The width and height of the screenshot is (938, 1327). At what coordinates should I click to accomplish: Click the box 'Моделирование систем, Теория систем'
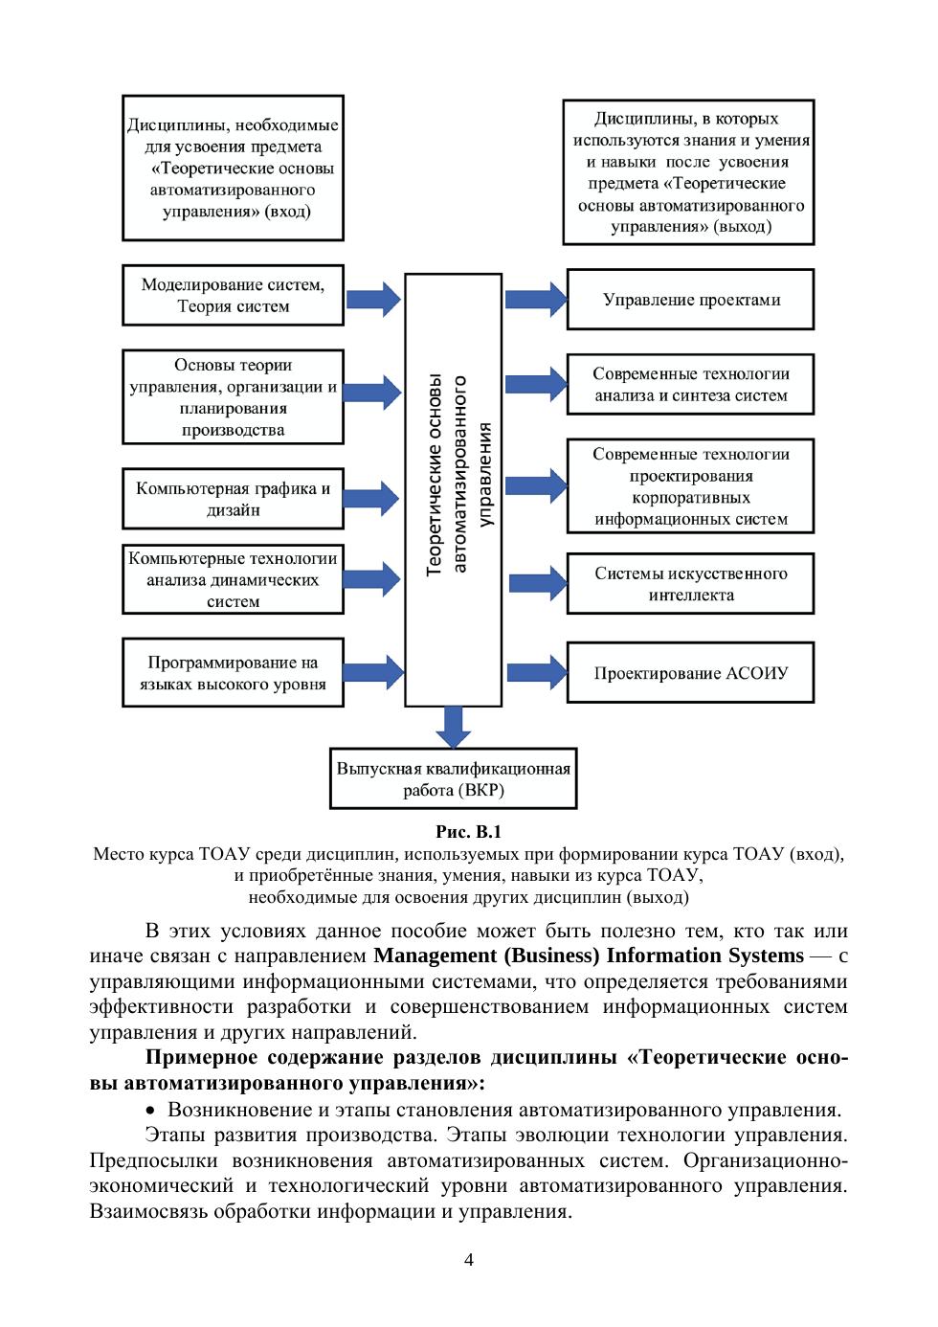pyautogui.click(x=233, y=296)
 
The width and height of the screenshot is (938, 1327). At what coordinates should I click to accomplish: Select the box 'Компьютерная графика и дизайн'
pyautogui.click(x=233, y=499)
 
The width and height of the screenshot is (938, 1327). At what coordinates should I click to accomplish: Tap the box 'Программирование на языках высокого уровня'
pyautogui.click(x=233, y=673)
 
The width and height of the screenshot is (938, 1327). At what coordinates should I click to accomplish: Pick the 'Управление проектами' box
pyautogui.click(x=690, y=300)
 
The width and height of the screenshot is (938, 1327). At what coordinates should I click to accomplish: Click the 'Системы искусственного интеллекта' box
pyautogui.click(x=690, y=584)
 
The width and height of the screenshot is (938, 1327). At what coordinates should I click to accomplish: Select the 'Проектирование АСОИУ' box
pyautogui.click(x=690, y=673)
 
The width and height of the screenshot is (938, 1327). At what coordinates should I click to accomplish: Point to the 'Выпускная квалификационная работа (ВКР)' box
pyautogui.click(x=454, y=779)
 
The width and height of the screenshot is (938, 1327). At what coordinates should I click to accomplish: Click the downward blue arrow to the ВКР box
pyautogui.click(x=454, y=726)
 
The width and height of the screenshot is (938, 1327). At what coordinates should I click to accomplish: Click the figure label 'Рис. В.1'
pyautogui.click(x=468, y=831)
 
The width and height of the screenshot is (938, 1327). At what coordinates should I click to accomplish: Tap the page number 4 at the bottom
pyautogui.click(x=469, y=1259)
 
